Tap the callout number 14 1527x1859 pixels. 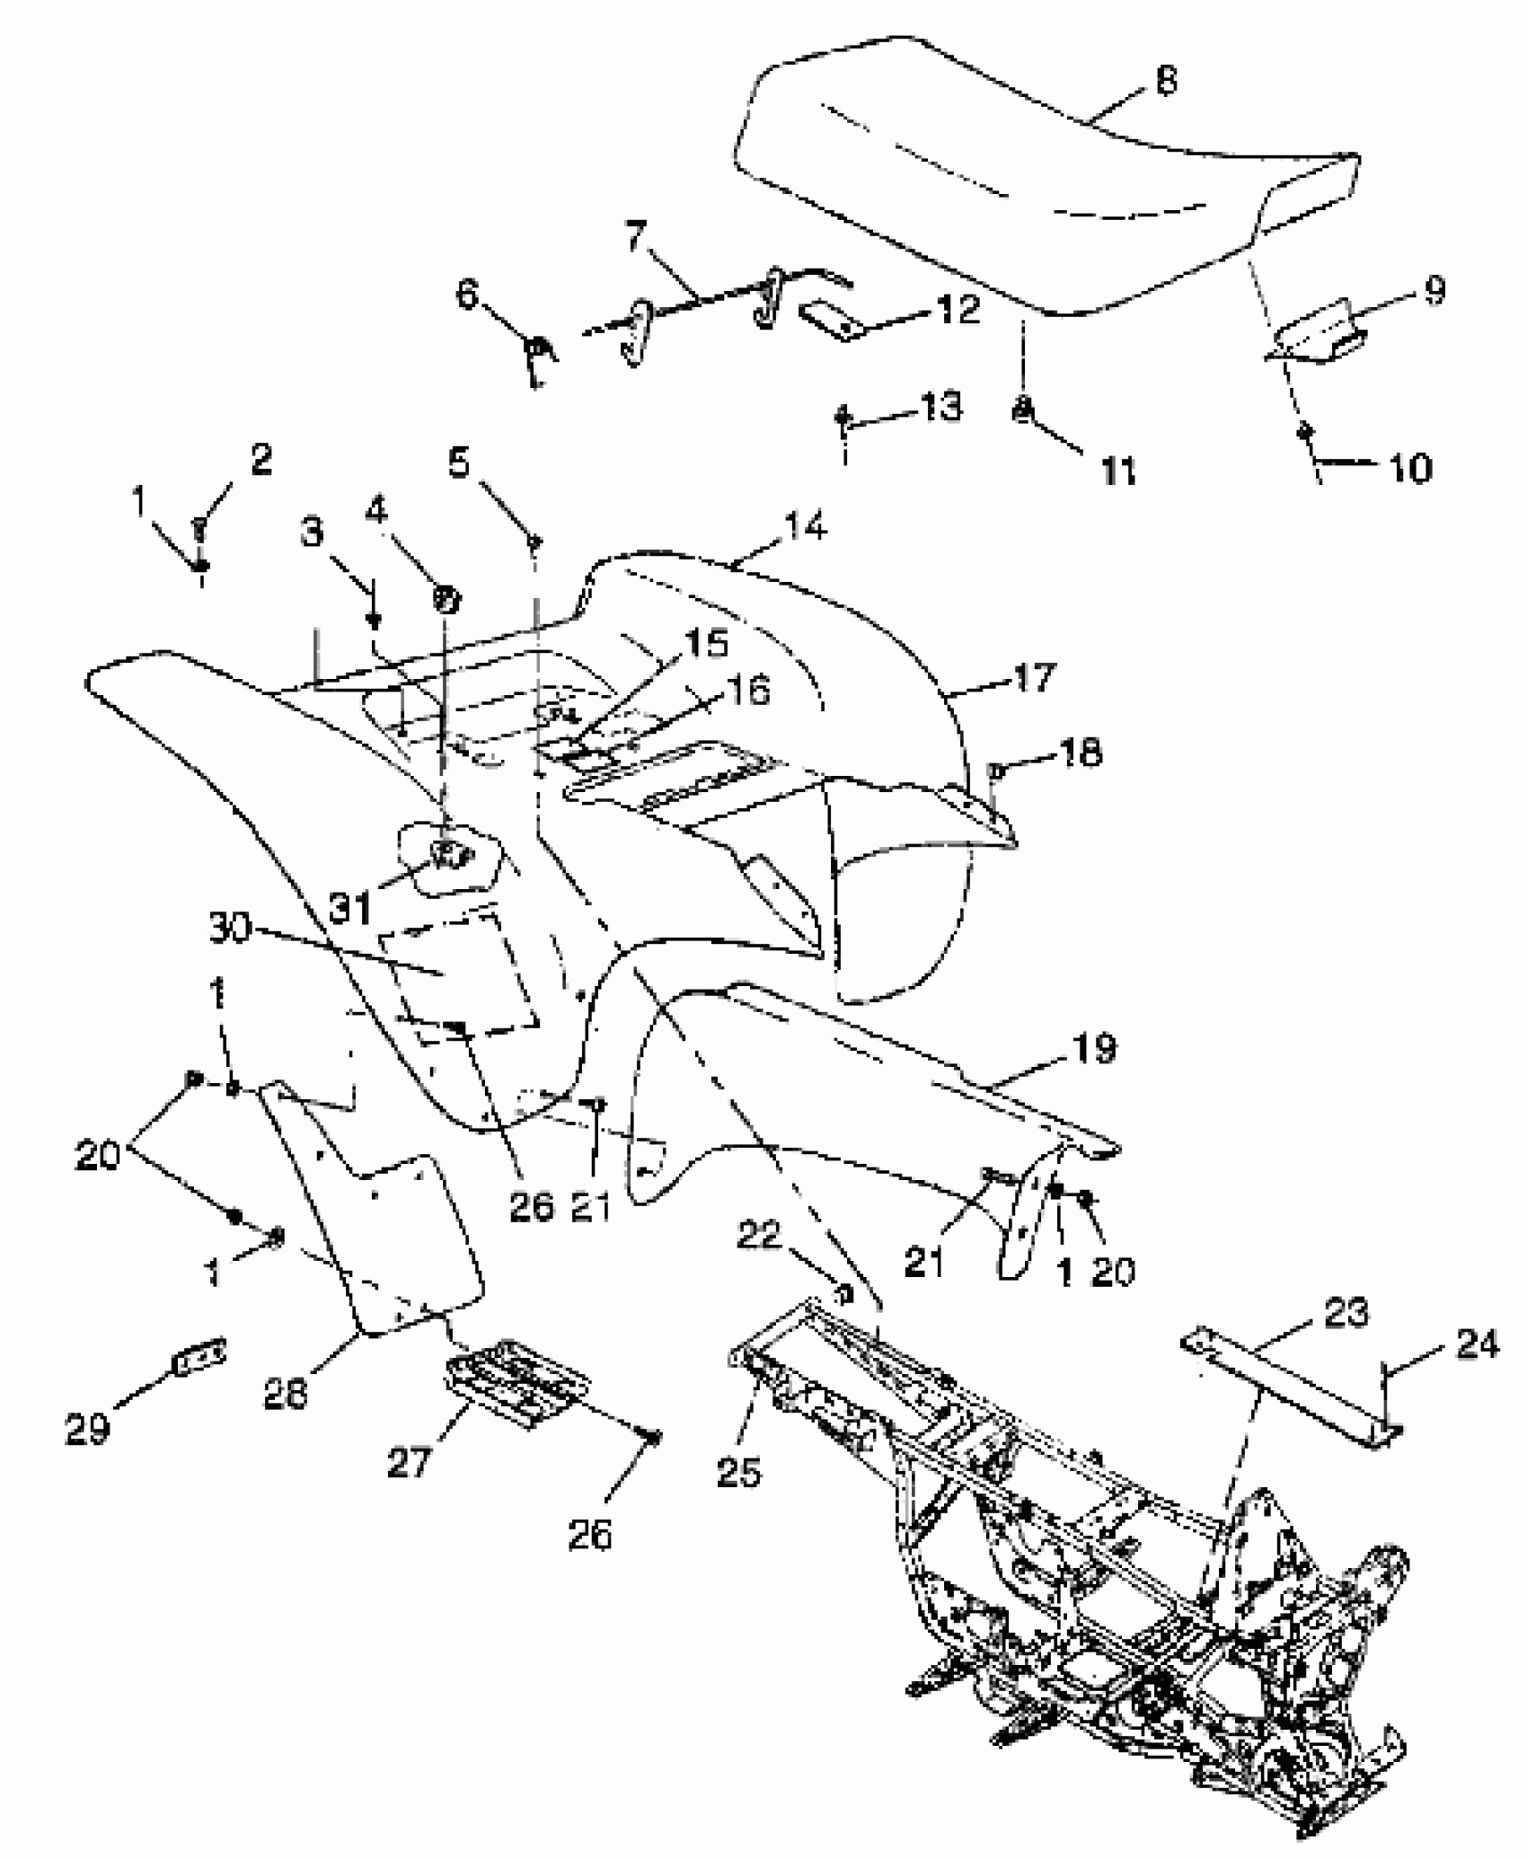click(804, 526)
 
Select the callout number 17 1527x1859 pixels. click(1033, 676)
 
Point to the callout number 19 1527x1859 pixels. click(1092, 1048)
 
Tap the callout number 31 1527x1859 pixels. click(349, 909)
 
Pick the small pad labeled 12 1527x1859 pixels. click(831, 321)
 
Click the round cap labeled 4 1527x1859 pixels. click(446, 596)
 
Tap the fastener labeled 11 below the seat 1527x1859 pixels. click(1022, 410)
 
